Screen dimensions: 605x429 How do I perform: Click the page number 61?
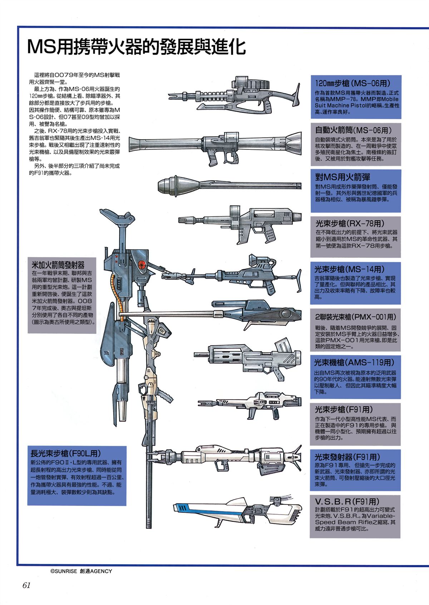(26, 585)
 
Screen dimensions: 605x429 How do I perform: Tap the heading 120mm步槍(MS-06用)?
(352, 83)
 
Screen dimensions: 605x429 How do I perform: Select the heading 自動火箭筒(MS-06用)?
(353, 130)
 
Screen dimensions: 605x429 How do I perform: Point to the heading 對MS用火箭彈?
(342, 177)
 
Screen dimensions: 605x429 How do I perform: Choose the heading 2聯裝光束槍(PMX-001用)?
(355, 317)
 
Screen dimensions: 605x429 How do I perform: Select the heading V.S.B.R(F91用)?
(347, 501)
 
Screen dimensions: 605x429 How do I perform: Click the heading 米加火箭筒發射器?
(58, 265)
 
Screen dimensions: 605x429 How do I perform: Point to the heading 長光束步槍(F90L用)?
(65, 453)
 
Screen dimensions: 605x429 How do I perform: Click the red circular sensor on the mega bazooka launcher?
(142, 265)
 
